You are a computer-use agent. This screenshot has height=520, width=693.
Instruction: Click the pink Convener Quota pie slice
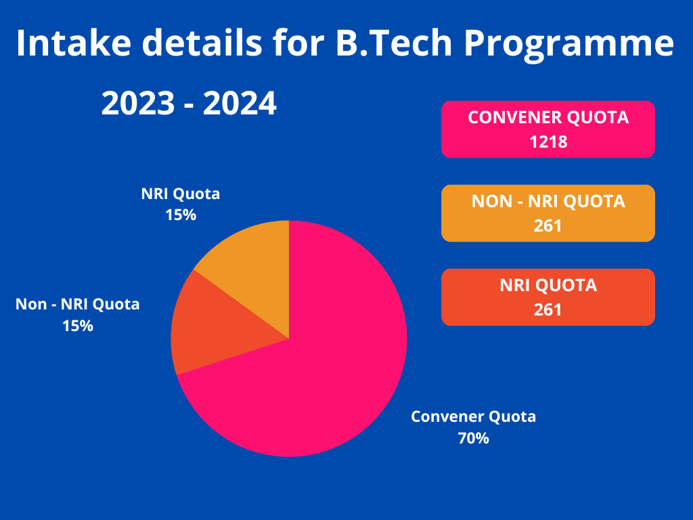pyautogui.click(x=318, y=379)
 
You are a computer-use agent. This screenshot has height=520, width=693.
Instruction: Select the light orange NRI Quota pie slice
pyautogui.click(x=254, y=278)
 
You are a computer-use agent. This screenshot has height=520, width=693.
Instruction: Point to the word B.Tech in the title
pyautogui.click(x=380, y=43)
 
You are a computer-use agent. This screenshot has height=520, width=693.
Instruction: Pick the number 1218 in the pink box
pyautogui.click(x=548, y=142)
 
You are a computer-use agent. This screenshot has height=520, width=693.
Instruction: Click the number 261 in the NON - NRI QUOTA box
pyautogui.click(x=548, y=225)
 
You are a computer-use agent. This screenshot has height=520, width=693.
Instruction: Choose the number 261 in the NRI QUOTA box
pyautogui.click(x=548, y=309)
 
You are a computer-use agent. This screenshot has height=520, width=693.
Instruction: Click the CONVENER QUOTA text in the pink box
pyautogui.click(x=548, y=118)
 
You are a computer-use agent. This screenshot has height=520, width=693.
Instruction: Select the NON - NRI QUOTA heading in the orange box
pyautogui.click(x=548, y=201)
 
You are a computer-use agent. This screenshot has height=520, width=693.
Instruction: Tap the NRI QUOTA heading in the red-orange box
pyautogui.click(x=548, y=285)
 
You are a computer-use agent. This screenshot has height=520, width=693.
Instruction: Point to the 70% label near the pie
pyautogui.click(x=473, y=438)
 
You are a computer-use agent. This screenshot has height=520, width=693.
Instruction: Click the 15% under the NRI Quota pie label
pyautogui.click(x=181, y=215)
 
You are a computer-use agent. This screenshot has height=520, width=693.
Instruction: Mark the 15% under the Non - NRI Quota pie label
pyautogui.click(x=77, y=326)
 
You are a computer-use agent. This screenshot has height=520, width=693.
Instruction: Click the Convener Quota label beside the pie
pyautogui.click(x=473, y=416)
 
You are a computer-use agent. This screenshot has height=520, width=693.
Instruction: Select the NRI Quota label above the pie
pyautogui.click(x=181, y=194)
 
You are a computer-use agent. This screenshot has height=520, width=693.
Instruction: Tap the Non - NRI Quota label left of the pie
pyautogui.click(x=77, y=304)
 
